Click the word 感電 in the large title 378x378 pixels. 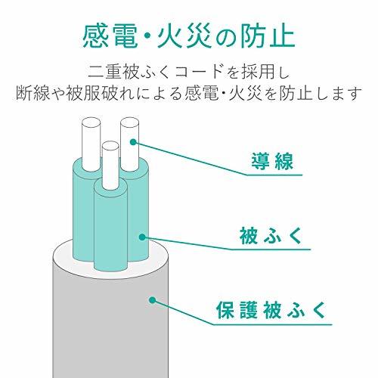pyautogui.click(x=110, y=36)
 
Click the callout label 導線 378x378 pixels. pyautogui.click(x=271, y=163)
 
